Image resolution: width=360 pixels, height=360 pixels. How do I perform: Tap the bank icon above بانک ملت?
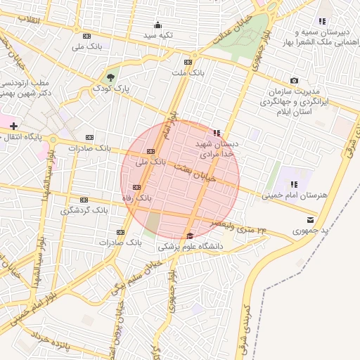187,62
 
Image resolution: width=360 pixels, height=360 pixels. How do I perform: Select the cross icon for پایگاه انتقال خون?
13,125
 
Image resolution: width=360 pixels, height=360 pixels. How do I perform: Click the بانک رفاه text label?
137,199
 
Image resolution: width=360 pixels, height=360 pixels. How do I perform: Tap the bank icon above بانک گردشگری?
84,200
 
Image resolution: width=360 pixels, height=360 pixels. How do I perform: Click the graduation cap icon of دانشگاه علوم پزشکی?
189,236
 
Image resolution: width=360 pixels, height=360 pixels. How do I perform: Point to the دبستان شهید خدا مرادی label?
219,148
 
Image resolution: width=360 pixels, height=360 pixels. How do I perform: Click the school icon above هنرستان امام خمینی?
294,184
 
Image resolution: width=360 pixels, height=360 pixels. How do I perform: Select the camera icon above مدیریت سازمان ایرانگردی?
294,82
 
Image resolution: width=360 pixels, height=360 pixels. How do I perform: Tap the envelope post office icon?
310,219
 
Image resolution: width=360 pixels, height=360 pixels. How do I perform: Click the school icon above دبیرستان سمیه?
322,22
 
